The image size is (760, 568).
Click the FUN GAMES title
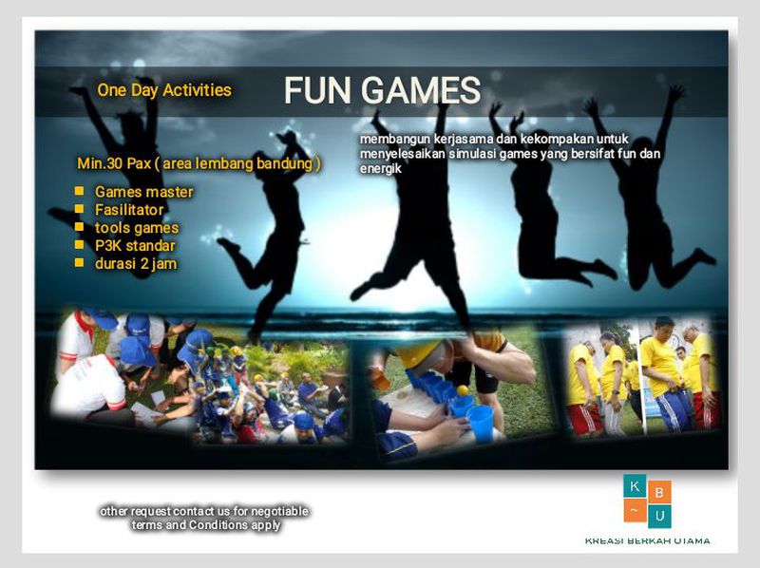(382, 90)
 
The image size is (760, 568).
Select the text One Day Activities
(164, 90)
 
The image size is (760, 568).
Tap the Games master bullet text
(143, 192)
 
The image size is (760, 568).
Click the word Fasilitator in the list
(129, 210)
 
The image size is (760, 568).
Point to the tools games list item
(136, 228)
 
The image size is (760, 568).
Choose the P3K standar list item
(135, 246)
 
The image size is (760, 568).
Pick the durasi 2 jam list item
(136, 264)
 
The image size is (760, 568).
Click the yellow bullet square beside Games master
(80, 191)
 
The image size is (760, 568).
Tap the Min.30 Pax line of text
(199, 162)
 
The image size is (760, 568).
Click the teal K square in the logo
(635, 486)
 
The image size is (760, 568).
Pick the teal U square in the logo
(659, 516)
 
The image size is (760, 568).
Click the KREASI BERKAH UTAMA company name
(647, 541)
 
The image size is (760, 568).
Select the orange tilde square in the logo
(635, 511)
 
